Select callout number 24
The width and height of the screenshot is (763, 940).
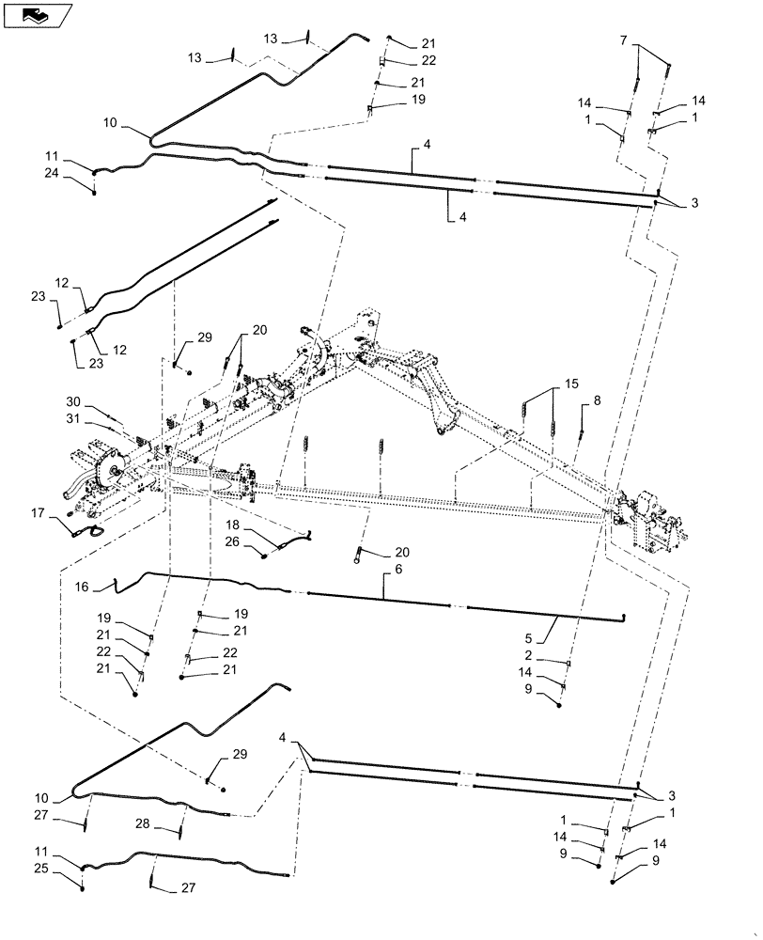(x=50, y=173)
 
